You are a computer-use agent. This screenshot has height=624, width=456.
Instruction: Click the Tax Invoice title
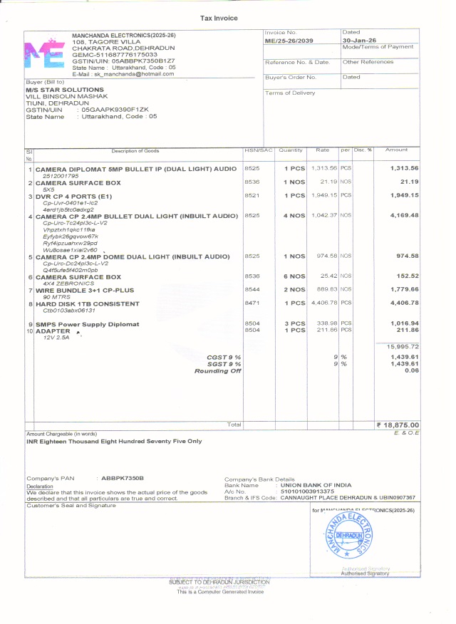(219, 18)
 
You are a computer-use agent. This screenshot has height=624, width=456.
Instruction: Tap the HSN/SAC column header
(259, 150)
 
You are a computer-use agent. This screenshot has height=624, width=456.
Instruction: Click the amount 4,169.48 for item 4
(404, 215)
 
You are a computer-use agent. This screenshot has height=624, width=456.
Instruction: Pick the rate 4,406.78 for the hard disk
(324, 303)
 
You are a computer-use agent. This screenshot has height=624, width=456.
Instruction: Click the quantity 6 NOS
(294, 276)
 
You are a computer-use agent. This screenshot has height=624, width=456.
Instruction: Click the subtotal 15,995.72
(403, 346)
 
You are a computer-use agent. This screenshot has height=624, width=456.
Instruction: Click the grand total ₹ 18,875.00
(398, 425)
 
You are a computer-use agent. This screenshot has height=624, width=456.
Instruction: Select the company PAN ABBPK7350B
(123, 478)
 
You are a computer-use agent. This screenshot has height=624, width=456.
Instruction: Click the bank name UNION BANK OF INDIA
(316, 485)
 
